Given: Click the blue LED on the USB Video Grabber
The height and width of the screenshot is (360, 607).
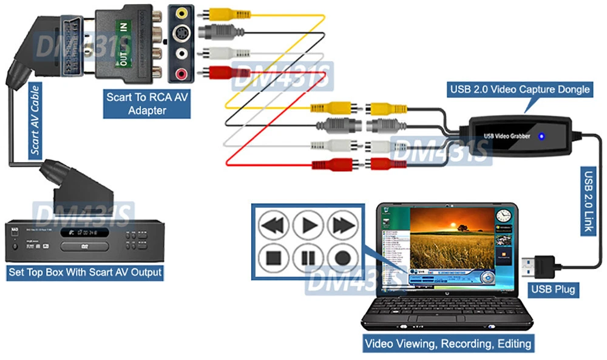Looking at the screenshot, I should click(541, 136).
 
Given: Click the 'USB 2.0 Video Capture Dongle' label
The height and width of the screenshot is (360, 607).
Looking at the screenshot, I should click(520, 89).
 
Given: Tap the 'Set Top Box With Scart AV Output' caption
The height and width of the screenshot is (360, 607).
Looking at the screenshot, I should click(85, 271).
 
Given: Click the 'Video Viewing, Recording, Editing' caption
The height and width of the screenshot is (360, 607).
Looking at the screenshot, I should click(448, 344).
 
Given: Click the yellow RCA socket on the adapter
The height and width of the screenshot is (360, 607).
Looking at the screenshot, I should click(181, 12).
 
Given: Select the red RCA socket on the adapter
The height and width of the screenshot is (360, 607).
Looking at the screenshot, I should click(181, 74).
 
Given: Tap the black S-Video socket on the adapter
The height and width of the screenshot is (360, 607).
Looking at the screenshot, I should click(181, 33).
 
